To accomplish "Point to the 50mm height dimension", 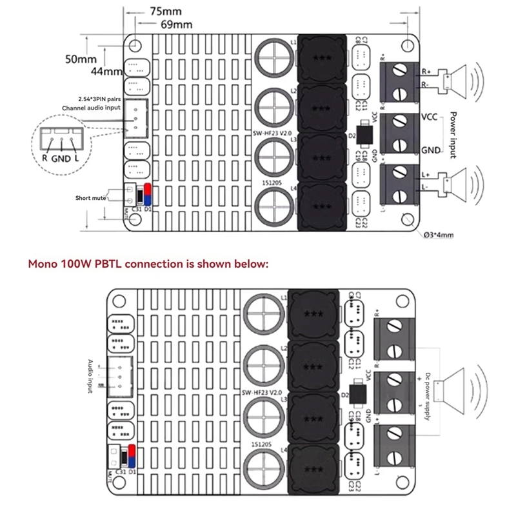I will pyautogui.click(x=81, y=59).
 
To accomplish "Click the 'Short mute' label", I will pyautogui.click(x=90, y=198).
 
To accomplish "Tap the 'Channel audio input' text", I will pyautogui.click(x=90, y=108).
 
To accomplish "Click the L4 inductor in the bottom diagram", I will pyautogui.click(x=313, y=468).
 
